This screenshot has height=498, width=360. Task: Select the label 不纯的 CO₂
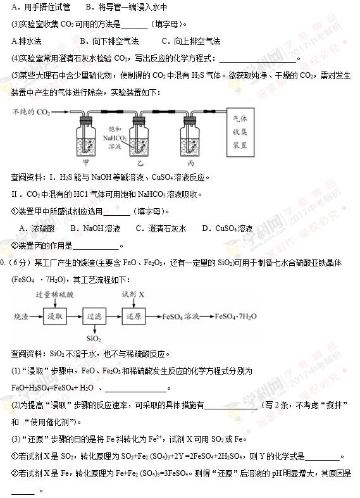tap(31, 113)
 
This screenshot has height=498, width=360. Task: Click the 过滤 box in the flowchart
tap(94, 316)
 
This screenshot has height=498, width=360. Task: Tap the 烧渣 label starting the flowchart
tap(22, 316)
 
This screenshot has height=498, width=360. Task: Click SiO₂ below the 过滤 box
tap(94, 340)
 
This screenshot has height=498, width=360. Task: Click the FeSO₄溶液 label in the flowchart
tap(181, 316)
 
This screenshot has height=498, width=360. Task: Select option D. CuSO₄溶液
tap(228, 228)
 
